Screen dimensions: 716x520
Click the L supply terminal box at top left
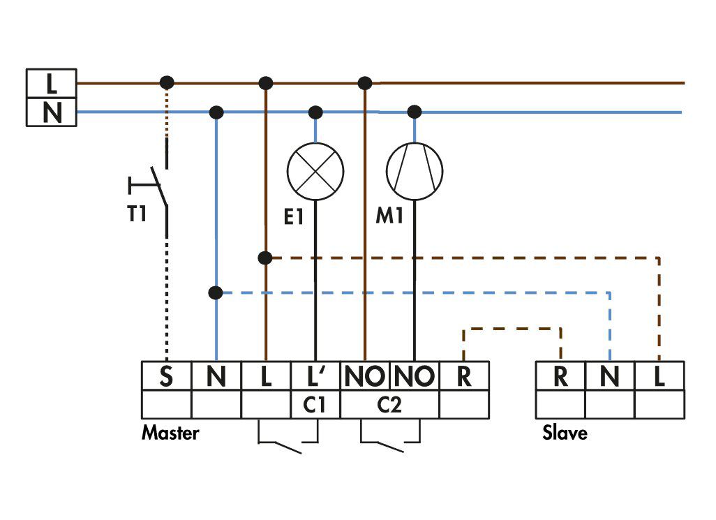pyautogui.click(x=51, y=83)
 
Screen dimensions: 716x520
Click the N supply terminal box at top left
pyautogui.click(x=51, y=112)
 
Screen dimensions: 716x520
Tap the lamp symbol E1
pyautogui.click(x=315, y=171)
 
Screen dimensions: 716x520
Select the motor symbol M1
pyautogui.click(x=414, y=171)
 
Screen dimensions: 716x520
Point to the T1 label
pyautogui.click(x=137, y=214)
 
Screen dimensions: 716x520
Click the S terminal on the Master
pyautogui.click(x=166, y=376)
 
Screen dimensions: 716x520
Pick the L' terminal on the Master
pyautogui.click(x=315, y=376)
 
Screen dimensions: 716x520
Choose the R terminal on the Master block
pyautogui.click(x=464, y=376)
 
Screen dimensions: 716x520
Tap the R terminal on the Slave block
pyautogui.click(x=560, y=376)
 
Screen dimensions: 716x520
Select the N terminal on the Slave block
pyautogui.click(x=610, y=376)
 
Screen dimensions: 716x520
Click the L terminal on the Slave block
pyautogui.click(x=660, y=376)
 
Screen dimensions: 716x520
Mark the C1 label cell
pyautogui.click(x=315, y=405)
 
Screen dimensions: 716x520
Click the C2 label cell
pyautogui.click(x=390, y=405)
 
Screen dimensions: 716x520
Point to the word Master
pyautogui.click(x=170, y=433)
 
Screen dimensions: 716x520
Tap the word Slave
pyautogui.click(x=565, y=432)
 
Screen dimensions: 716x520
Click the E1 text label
pyautogui.click(x=294, y=216)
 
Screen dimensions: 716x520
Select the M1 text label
pyautogui.click(x=389, y=215)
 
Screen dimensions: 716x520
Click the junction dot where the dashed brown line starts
pyautogui.click(x=265, y=258)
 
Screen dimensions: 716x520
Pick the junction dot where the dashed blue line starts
pyautogui.click(x=216, y=292)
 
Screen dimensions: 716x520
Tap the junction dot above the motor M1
pyautogui.click(x=414, y=112)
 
